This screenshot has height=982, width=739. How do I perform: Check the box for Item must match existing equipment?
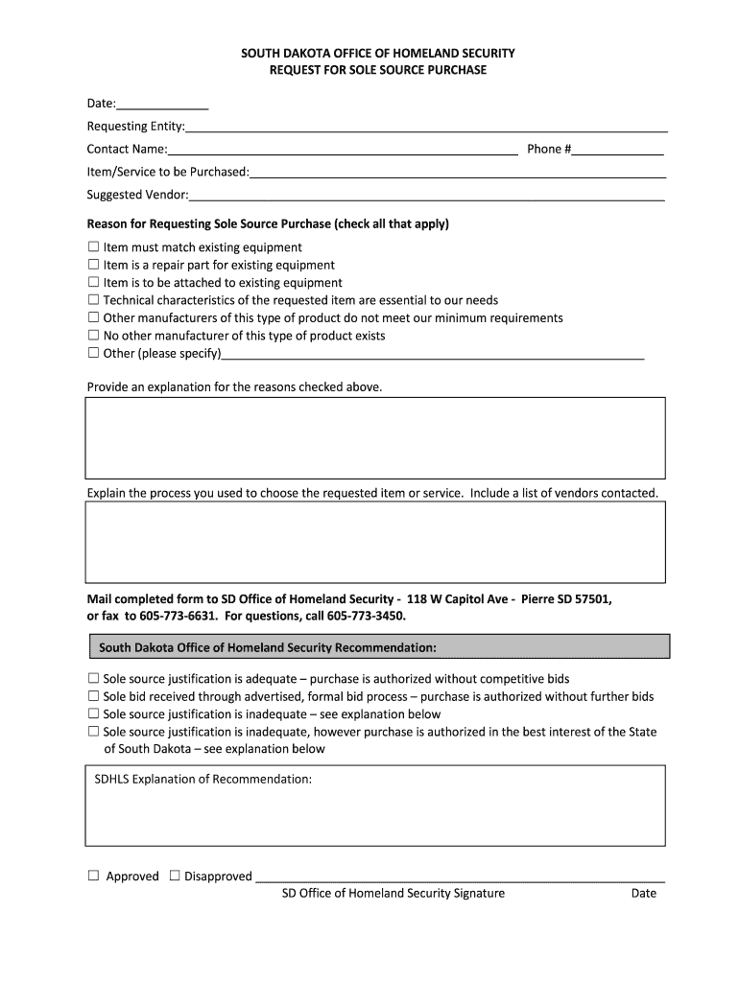click(x=93, y=247)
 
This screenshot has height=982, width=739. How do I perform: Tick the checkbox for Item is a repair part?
click(x=93, y=265)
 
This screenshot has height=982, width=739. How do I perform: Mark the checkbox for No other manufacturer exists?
click(x=93, y=336)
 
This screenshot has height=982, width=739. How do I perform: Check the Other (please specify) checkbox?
click(x=93, y=353)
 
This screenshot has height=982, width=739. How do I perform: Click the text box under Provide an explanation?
click(x=375, y=437)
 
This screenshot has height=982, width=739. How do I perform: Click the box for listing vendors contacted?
click(x=375, y=542)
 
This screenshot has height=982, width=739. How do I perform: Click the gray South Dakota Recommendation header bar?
click(x=378, y=646)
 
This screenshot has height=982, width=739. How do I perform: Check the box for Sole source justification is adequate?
click(x=93, y=679)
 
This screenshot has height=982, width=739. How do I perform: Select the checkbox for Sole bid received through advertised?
click(x=93, y=696)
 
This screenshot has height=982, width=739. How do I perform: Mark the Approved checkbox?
click(x=93, y=876)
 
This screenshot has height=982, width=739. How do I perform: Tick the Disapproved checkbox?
click(x=175, y=876)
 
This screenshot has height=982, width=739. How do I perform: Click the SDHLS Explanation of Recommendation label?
click(x=203, y=779)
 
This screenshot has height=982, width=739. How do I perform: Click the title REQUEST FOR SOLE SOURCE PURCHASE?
click(x=377, y=70)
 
